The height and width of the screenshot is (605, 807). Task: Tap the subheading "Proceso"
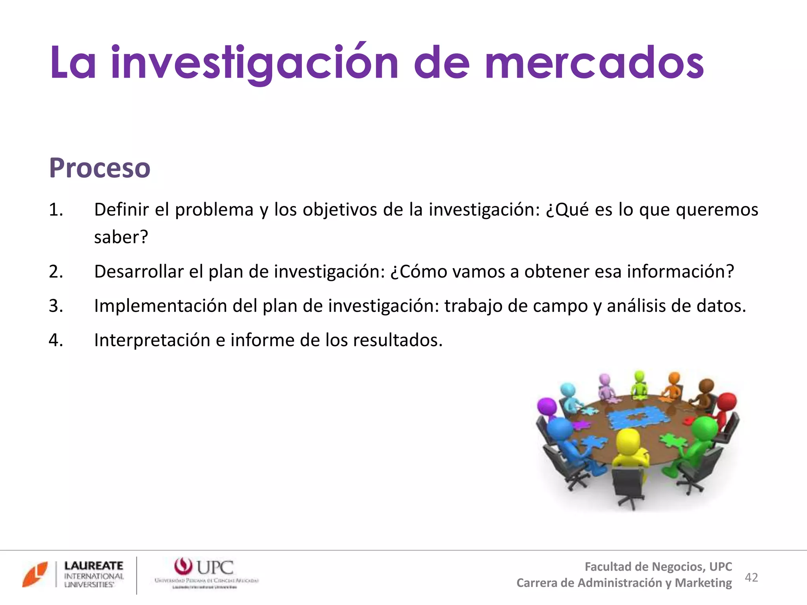(x=100, y=168)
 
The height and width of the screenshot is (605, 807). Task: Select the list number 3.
(x=56, y=306)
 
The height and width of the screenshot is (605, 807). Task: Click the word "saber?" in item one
(x=121, y=237)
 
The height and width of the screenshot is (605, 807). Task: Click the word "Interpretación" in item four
(x=152, y=340)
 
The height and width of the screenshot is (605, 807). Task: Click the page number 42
(x=751, y=577)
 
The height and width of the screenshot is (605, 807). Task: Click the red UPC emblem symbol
(x=183, y=566)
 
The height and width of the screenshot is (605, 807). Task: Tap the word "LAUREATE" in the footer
(x=94, y=566)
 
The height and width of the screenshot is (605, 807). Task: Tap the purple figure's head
(x=547, y=406)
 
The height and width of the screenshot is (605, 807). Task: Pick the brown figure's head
(x=706, y=386)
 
